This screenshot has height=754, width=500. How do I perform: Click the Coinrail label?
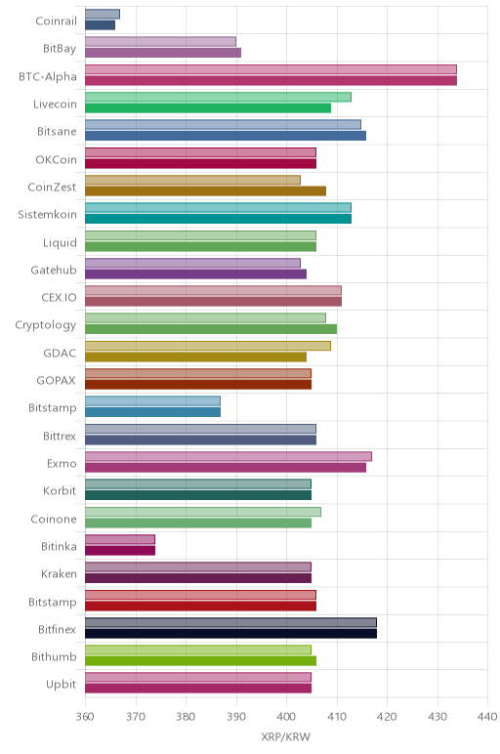pos(57,21)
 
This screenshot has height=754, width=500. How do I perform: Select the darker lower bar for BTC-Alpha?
pos(271,80)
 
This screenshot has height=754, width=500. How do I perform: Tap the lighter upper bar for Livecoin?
pos(219,97)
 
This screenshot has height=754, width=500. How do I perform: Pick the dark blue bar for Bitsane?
pos(226,136)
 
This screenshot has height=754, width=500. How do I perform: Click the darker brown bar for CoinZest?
pos(205,190)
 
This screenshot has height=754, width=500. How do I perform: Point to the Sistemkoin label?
pos(47,214)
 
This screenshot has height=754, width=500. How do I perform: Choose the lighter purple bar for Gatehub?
pos(192,263)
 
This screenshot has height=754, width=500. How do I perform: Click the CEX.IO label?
pos(59,297)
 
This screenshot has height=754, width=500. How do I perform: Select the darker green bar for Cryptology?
pos(211,329)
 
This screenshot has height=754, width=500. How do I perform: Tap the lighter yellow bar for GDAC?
pos(208,346)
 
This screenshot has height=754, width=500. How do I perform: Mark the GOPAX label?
pos(57,380)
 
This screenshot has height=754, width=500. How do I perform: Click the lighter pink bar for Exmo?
pos(229,456)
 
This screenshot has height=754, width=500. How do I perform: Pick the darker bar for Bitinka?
pos(120,550)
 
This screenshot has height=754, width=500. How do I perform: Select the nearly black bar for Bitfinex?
pos(230,633)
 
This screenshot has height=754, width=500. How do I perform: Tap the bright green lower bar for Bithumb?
pos(200,660)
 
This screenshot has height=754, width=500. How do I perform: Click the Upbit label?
pos(62,685)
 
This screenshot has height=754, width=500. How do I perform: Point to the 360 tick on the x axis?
pos(85,717)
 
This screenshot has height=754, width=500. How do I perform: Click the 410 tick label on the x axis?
pos(337,717)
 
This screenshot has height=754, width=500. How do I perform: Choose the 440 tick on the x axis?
pos(487,717)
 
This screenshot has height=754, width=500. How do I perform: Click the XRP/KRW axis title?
pos(286,736)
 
